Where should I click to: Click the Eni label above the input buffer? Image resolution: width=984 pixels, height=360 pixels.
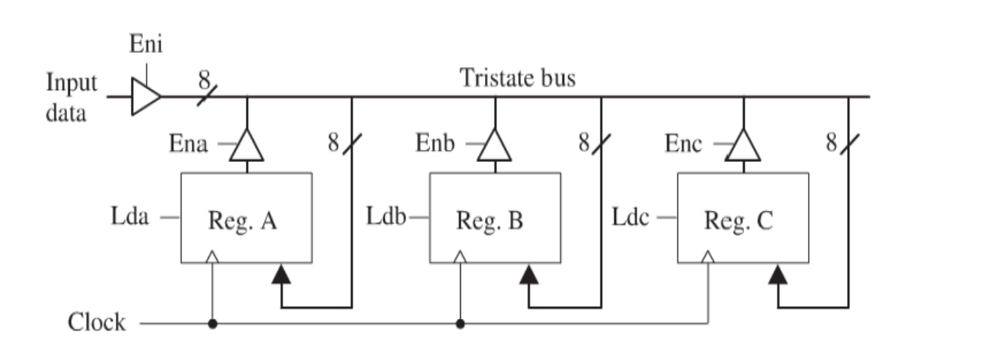(x=146, y=45)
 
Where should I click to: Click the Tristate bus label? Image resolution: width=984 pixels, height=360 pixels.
(x=517, y=77)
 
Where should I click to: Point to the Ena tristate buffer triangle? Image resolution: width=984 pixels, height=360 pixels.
(x=247, y=146)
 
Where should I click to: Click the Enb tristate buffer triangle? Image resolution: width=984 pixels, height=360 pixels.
(x=495, y=146)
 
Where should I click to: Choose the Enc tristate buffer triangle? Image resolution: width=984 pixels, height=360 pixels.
(x=743, y=146)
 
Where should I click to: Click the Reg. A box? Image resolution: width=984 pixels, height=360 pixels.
(x=247, y=218)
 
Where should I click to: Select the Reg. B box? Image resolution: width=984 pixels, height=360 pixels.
(x=495, y=218)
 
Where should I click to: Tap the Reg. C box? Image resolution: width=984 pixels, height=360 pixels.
(x=743, y=218)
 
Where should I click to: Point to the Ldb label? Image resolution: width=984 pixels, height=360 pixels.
(x=386, y=218)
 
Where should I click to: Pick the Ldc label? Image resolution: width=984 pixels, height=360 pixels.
(x=631, y=218)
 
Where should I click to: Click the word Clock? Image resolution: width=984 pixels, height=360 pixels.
(x=96, y=322)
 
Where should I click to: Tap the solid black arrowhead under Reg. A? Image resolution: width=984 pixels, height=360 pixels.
(x=280, y=275)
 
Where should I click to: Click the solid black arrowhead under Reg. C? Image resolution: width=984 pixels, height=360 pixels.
(x=777, y=275)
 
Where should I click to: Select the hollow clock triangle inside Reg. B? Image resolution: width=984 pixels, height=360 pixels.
(x=460, y=257)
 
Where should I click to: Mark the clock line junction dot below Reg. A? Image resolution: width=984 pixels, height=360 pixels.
(x=212, y=322)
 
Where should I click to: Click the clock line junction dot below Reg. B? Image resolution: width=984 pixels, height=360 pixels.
(x=460, y=322)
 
